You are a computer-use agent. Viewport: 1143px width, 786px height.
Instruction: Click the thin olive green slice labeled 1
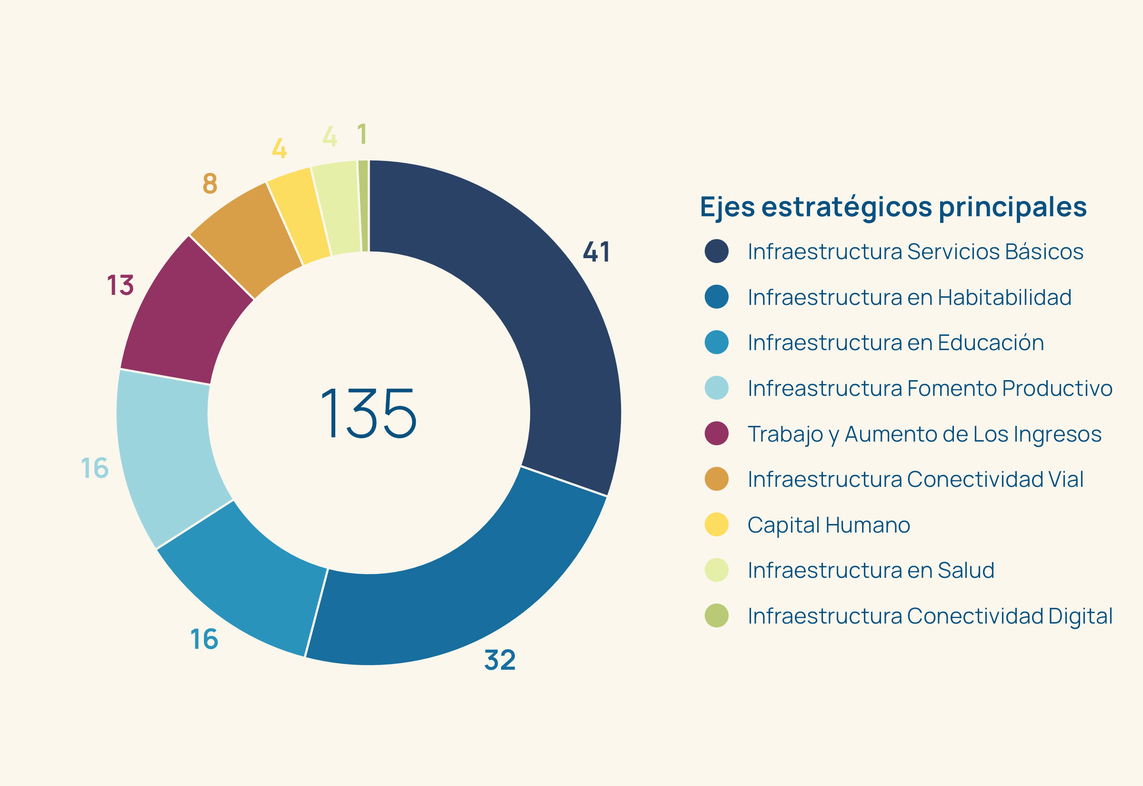click(x=364, y=206)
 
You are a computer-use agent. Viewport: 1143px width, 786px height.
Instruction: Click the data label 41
click(x=597, y=252)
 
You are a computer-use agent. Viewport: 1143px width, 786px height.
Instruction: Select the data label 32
click(x=500, y=660)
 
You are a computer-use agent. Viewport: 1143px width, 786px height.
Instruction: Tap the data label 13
click(x=120, y=285)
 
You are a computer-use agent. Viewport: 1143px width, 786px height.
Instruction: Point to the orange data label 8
click(x=210, y=183)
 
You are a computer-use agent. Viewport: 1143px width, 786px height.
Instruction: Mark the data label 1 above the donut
click(x=362, y=134)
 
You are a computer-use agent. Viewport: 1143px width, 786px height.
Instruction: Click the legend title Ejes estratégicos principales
click(x=893, y=207)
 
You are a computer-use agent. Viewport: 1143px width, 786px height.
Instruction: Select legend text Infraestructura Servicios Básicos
click(x=915, y=252)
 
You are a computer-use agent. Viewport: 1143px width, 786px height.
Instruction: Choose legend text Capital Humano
click(x=829, y=525)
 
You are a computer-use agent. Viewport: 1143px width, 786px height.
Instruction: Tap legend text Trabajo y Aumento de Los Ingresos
click(x=924, y=434)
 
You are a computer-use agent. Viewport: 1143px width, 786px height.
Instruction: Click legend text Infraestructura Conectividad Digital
click(x=929, y=616)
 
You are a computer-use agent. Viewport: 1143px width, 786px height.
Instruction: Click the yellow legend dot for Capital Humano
click(x=716, y=524)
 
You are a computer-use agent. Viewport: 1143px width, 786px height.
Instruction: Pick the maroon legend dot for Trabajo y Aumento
click(x=716, y=433)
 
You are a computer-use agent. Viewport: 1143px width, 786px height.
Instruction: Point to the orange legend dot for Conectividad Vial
click(x=716, y=479)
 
